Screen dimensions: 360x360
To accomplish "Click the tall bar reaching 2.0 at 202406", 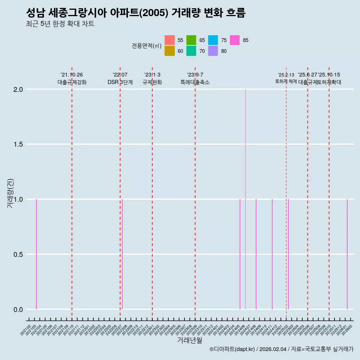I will point(245,199).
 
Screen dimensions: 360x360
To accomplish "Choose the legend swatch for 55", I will point(169,40).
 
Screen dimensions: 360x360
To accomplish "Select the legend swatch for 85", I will point(235,40).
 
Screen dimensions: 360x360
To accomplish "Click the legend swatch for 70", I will point(191,51).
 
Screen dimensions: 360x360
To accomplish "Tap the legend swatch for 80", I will point(213,51).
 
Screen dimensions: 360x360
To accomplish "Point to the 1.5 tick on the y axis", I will point(18,144).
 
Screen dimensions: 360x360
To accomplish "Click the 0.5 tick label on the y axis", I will point(18,255).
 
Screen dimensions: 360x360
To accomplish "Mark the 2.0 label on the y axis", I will point(18,90).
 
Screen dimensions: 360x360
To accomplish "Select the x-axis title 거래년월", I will point(189,340).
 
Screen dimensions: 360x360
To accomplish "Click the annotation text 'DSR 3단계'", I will point(120,82).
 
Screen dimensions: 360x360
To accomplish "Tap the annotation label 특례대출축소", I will point(195,82).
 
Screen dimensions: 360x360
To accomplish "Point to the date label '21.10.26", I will point(72,75).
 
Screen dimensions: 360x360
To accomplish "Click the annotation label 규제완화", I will point(152,82).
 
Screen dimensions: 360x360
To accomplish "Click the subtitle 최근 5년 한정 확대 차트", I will point(60,24).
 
